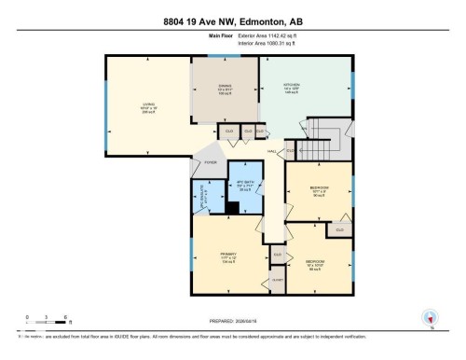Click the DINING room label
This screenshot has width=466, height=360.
225,90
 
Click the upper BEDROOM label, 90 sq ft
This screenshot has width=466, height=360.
318,190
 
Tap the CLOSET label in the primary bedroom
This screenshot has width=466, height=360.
277,279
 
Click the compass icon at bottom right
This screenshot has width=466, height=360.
431,318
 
